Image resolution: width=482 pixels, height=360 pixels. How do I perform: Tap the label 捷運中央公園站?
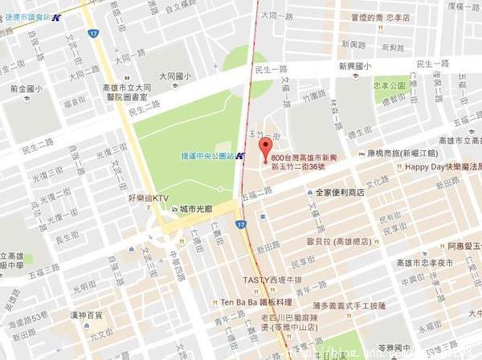[x=207, y=155]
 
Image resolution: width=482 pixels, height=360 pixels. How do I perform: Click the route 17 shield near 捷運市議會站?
[x=94, y=34]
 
